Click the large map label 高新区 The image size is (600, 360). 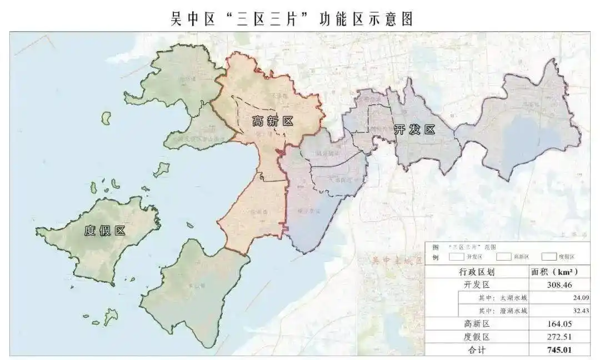pos(272,121)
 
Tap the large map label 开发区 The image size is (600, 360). pos(414,130)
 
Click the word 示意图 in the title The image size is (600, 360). pos(392,19)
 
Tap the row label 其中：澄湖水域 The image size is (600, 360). pos(497,311)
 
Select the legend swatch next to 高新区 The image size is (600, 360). pos(503,257)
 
